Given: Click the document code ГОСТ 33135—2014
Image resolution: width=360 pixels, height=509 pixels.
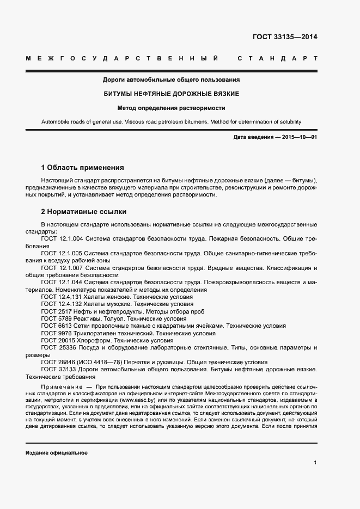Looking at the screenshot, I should click(x=285, y=38).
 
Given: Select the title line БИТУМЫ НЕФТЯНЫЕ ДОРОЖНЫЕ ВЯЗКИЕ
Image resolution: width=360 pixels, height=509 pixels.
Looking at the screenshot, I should click(x=172, y=94).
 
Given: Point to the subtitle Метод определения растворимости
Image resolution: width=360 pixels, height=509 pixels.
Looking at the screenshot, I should click(x=172, y=108).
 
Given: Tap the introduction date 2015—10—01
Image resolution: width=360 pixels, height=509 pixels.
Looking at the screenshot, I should click(x=300, y=137).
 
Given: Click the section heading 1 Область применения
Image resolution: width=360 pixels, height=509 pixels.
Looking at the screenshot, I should click(x=83, y=167).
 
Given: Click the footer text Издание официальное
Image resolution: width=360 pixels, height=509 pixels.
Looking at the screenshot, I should click(x=57, y=453).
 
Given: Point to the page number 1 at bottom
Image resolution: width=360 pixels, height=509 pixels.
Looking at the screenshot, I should click(x=315, y=463).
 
